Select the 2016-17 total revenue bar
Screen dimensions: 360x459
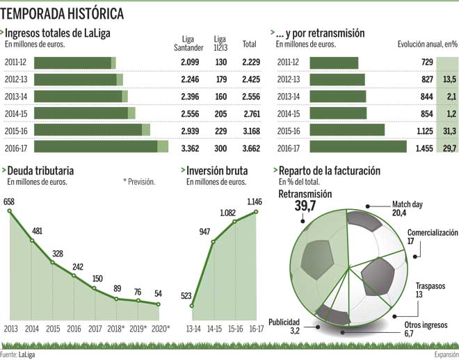click(x=101, y=147)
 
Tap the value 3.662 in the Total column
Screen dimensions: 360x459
click(x=250, y=147)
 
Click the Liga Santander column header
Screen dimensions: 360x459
click(x=187, y=43)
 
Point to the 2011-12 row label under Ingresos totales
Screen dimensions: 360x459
click(x=17, y=63)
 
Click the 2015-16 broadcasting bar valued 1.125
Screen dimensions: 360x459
click(x=347, y=130)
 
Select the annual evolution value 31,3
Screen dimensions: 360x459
click(x=449, y=130)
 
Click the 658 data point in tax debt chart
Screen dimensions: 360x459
click(x=9, y=211)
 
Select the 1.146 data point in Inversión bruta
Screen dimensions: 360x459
click(x=257, y=212)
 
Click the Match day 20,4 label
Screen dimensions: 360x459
click(x=408, y=209)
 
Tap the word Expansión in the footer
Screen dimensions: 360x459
click(x=444, y=354)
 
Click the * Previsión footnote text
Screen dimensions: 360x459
click(x=139, y=182)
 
